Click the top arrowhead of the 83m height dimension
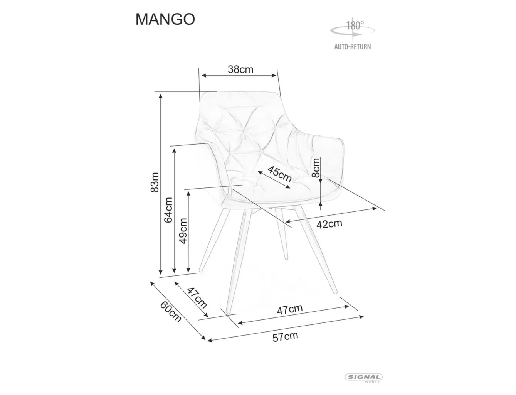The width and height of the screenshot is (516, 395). pos(161,96)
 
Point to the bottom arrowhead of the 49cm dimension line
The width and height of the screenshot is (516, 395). pos(188,270)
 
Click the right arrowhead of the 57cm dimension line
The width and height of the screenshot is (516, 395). pos(361,317)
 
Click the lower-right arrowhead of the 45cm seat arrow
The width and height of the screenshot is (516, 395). pos(288,187)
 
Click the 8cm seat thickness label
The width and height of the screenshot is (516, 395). pos(316,167)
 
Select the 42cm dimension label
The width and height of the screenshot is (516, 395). pos(329,224)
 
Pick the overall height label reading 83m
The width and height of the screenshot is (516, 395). pos(155,182)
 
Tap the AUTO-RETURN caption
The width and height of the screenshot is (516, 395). pos(353,47)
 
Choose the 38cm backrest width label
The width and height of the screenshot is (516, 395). pos(240,69)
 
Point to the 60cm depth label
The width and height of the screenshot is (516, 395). pos(171,311)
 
